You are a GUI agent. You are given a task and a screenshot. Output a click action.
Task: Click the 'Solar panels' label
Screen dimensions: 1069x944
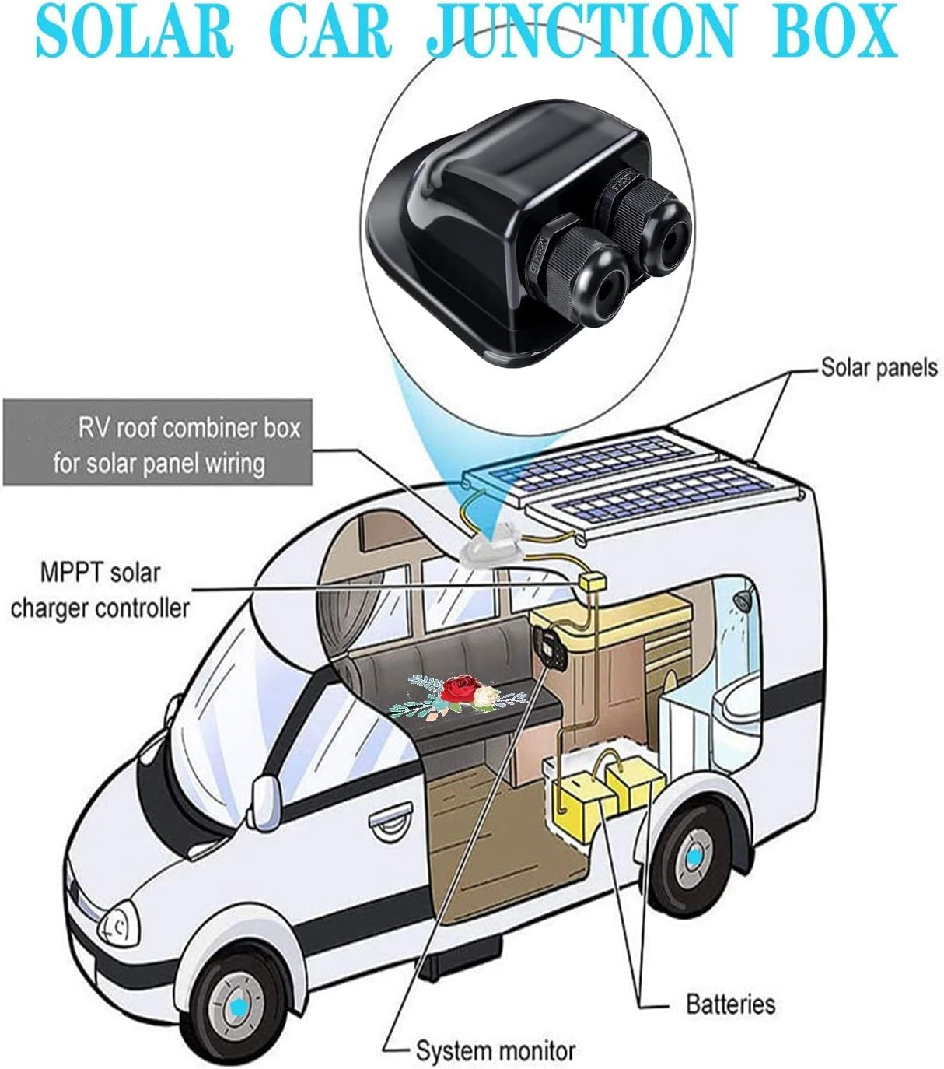879,367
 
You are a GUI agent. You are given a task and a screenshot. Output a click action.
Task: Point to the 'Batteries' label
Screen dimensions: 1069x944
730,1004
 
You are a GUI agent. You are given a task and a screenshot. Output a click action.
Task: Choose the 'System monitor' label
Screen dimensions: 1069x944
495,1051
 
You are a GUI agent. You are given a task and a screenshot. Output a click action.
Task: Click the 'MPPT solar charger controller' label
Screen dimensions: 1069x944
99,591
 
